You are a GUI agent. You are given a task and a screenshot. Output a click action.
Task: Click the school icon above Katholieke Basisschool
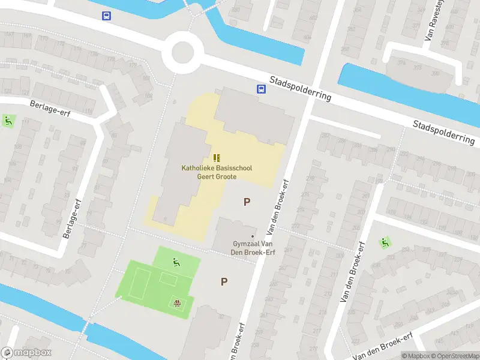click(217, 158)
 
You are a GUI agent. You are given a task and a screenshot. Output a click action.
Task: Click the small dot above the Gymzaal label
click(253, 236)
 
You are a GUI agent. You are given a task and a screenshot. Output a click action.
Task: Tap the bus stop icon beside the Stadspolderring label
click(262, 89)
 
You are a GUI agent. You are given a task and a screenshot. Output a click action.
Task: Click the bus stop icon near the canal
click(106, 16)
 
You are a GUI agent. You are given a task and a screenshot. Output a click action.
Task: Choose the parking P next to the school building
click(247, 202)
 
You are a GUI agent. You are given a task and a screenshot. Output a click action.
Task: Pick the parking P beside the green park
click(224, 281)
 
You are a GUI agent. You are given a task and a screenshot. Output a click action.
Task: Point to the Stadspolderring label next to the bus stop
click(300, 88)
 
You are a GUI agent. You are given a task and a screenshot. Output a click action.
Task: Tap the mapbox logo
click(26, 353)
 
